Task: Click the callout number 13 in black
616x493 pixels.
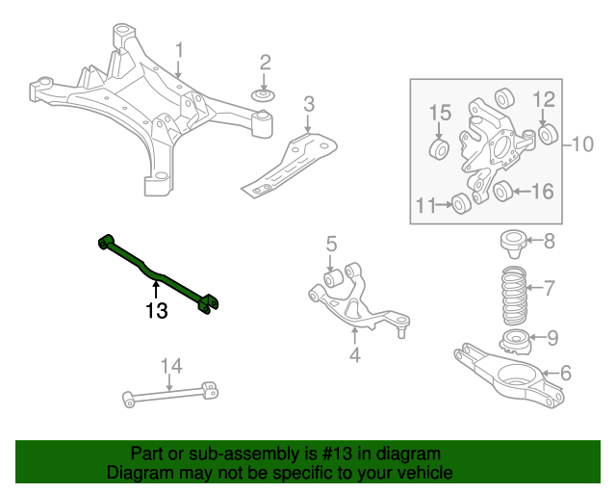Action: (156, 311)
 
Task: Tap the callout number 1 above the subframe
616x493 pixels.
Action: (179, 48)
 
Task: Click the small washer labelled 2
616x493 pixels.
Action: (264, 96)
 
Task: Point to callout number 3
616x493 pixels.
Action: (308, 104)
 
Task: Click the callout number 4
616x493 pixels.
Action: (354, 357)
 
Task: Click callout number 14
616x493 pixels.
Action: (170, 365)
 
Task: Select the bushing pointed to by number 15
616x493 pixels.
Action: (439, 150)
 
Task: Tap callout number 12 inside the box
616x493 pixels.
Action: (543, 98)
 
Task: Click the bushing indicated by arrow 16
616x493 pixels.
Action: (501, 193)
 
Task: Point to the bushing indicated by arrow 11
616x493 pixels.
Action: (461, 203)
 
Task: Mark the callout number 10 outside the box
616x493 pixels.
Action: (583, 145)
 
